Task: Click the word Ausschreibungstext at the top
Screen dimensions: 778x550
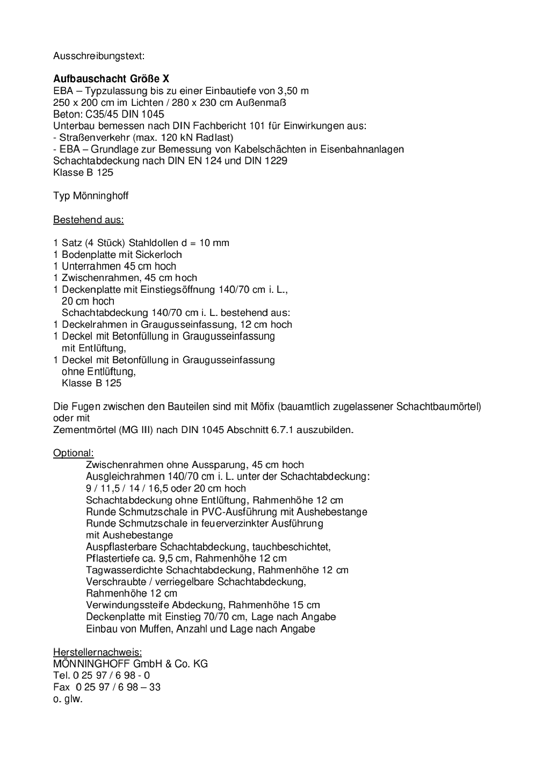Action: [x=99, y=56]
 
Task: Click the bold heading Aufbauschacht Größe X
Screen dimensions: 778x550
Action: [x=111, y=79]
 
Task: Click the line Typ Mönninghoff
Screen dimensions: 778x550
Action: [x=91, y=196]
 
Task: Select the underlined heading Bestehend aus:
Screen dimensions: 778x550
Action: [x=88, y=220]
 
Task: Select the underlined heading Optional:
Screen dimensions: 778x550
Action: [x=74, y=453]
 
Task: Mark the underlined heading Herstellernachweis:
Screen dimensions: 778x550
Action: [x=97, y=652]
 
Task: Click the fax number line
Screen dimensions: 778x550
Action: [x=107, y=687]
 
